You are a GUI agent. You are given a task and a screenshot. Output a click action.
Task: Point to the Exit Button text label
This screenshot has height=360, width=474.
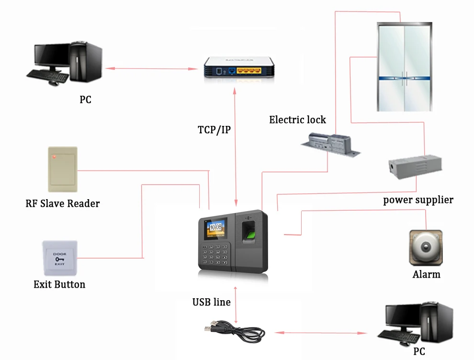pos(59,284)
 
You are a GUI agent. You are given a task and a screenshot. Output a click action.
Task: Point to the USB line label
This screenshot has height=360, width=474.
pos(211,302)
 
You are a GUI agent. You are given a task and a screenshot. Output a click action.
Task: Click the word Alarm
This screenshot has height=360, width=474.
pos(426,275)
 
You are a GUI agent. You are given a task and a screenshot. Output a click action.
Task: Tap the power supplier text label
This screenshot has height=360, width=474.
pos(418,200)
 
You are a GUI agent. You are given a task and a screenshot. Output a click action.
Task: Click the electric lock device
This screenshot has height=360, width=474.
pos(330,145)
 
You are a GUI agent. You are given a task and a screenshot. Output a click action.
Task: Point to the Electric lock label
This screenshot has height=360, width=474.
pos(297,120)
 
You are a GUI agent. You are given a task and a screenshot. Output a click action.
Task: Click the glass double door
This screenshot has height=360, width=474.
pos(405,67)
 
